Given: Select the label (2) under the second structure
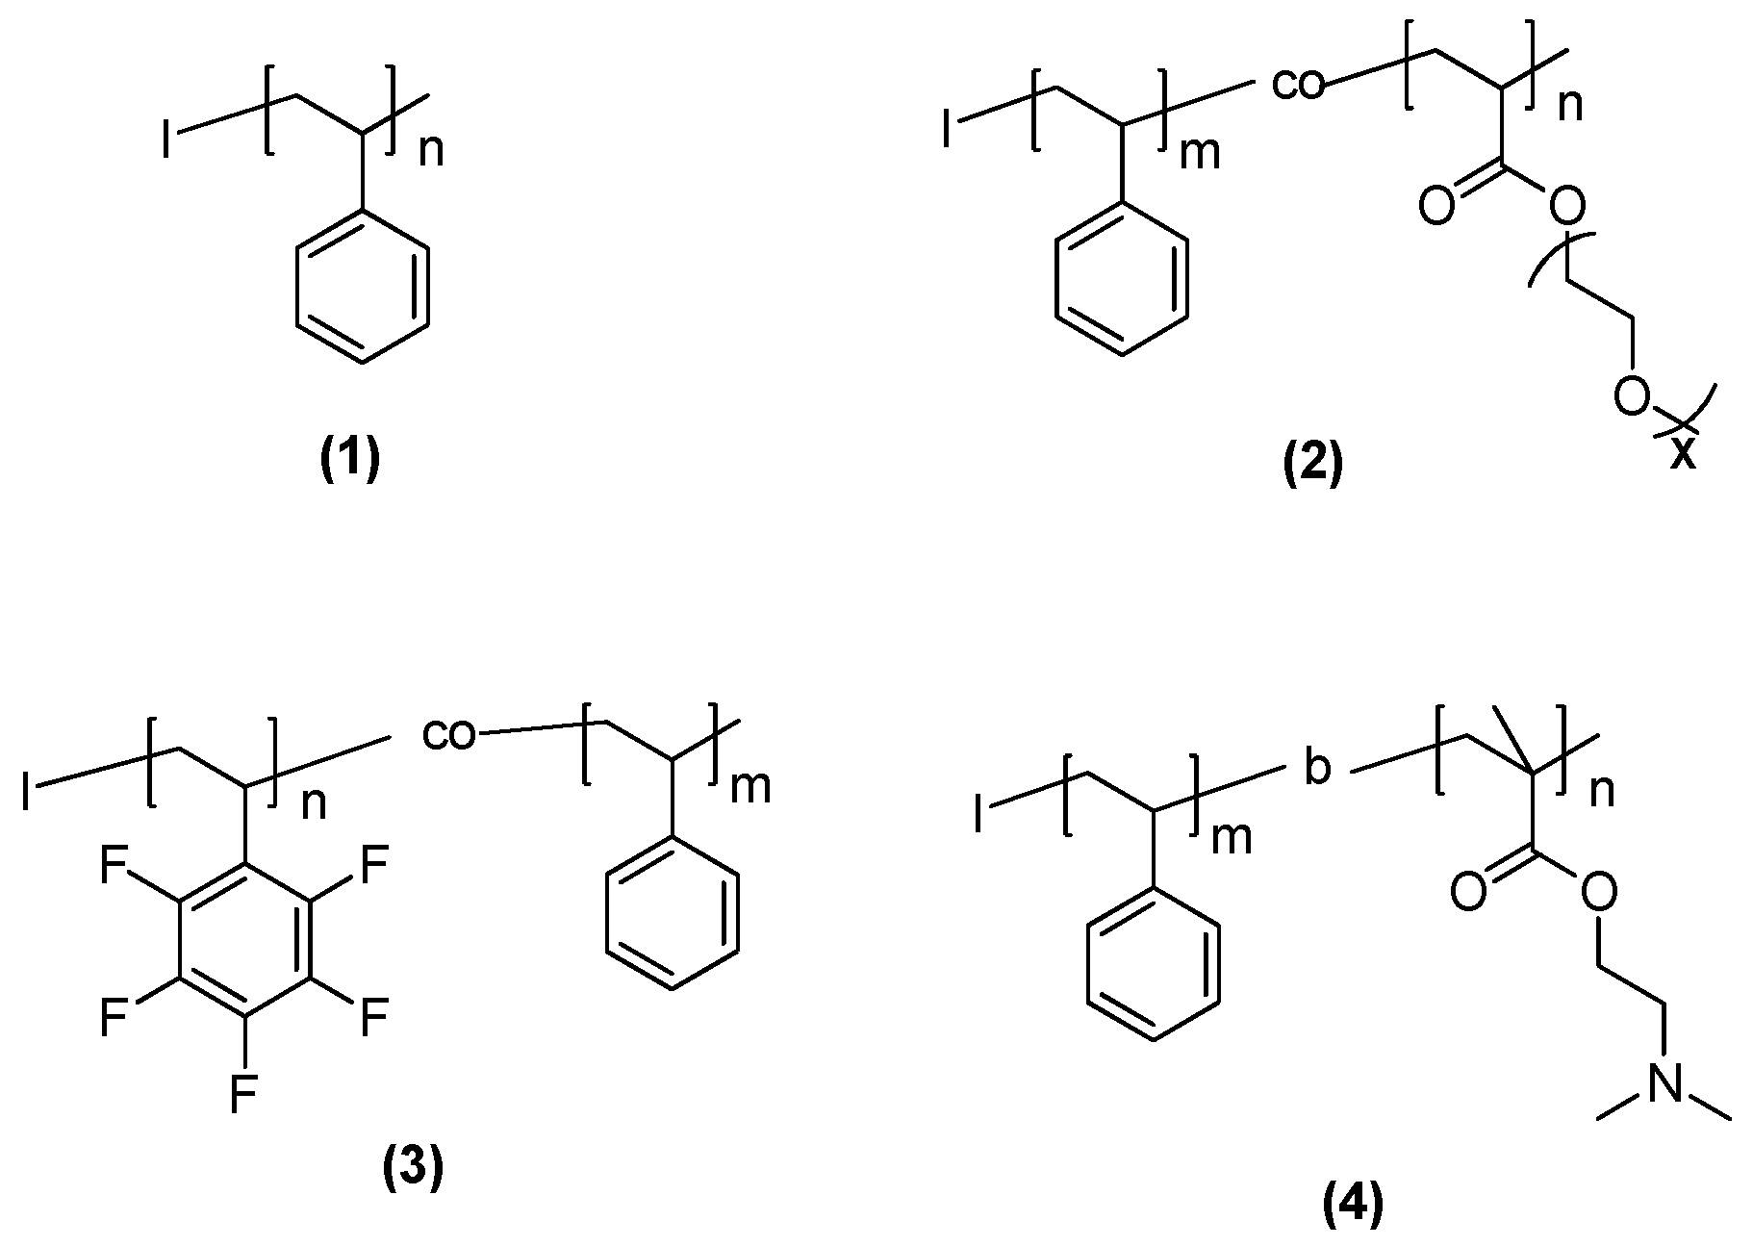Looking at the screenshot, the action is [x=1312, y=466].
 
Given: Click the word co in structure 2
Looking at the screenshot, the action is [x=1298, y=85].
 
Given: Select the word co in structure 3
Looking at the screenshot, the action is [x=449, y=736].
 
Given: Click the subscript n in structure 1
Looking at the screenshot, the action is [x=430, y=150].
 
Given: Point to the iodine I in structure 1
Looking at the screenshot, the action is [x=168, y=142].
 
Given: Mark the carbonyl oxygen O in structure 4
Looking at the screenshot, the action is [x=1467, y=893].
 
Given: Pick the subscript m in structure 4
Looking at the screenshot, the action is [x=1232, y=839].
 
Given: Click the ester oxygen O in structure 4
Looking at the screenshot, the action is [x=1598, y=894].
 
